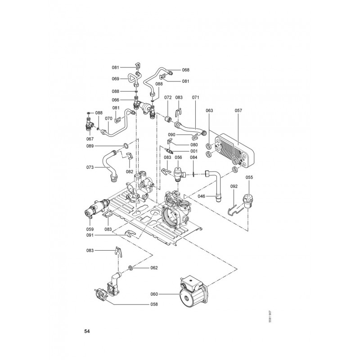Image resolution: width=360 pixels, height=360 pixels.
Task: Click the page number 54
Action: [x=87, y=332]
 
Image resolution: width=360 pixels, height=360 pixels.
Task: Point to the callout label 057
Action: [x=238, y=110]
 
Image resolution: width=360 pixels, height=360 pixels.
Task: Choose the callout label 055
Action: [x=249, y=177]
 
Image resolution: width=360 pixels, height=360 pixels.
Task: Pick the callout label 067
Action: [x=90, y=139]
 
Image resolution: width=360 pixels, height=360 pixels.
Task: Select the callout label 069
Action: [x=116, y=79]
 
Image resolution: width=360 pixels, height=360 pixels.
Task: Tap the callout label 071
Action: [x=195, y=97]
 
